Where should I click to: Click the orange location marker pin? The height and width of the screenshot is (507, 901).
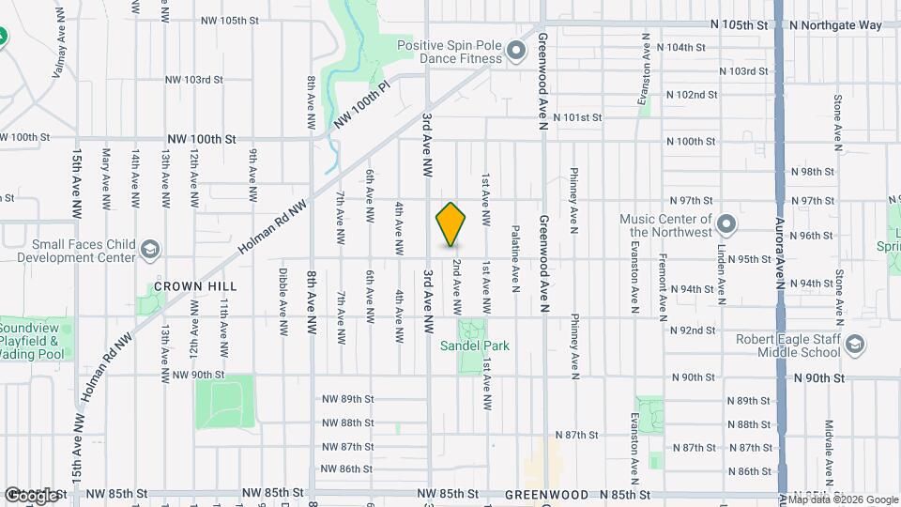tap(451, 224)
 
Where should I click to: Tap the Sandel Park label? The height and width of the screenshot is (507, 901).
tap(475, 346)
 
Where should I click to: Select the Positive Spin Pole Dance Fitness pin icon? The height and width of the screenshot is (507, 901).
tap(515, 51)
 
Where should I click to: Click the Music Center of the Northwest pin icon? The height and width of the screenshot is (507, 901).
tap(725, 224)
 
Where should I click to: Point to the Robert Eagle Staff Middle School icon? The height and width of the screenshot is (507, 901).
tap(854, 345)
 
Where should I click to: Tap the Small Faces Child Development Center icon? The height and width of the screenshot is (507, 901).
tap(149, 250)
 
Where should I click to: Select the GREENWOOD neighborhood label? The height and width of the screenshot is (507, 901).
tap(546, 494)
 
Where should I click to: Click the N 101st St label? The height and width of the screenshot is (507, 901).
tap(577, 117)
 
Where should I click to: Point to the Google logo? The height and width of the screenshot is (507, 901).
tap(30, 495)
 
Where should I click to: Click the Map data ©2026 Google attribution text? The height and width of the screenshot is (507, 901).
tap(838, 499)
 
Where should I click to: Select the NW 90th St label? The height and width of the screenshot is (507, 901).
tap(199, 375)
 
